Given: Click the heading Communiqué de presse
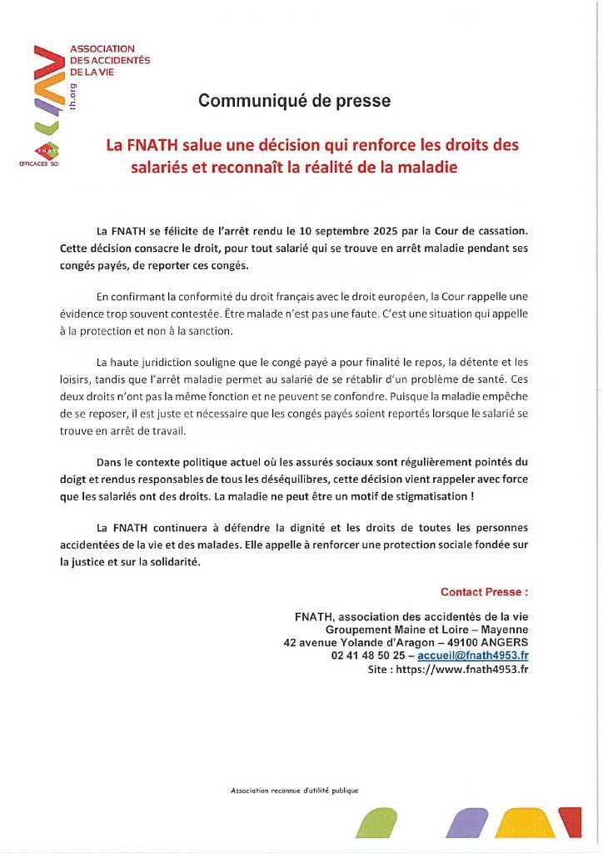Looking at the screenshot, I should pyautogui.click(x=294, y=101).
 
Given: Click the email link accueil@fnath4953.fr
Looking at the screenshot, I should pyautogui.click(x=472, y=656).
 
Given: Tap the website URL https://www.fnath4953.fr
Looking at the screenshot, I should pyautogui.click(x=461, y=669).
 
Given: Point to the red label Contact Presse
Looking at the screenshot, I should pyautogui.click(x=484, y=592).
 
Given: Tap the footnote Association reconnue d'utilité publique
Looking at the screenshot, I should pyautogui.click(x=294, y=790).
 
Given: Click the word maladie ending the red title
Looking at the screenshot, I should pyautogui.click(x=426, y=167).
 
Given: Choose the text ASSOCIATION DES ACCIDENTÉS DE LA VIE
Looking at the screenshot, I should pyautogui.click(x=109, y=61).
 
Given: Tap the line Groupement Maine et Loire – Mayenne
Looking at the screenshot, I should pyautogui.click(x=426, y=629).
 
